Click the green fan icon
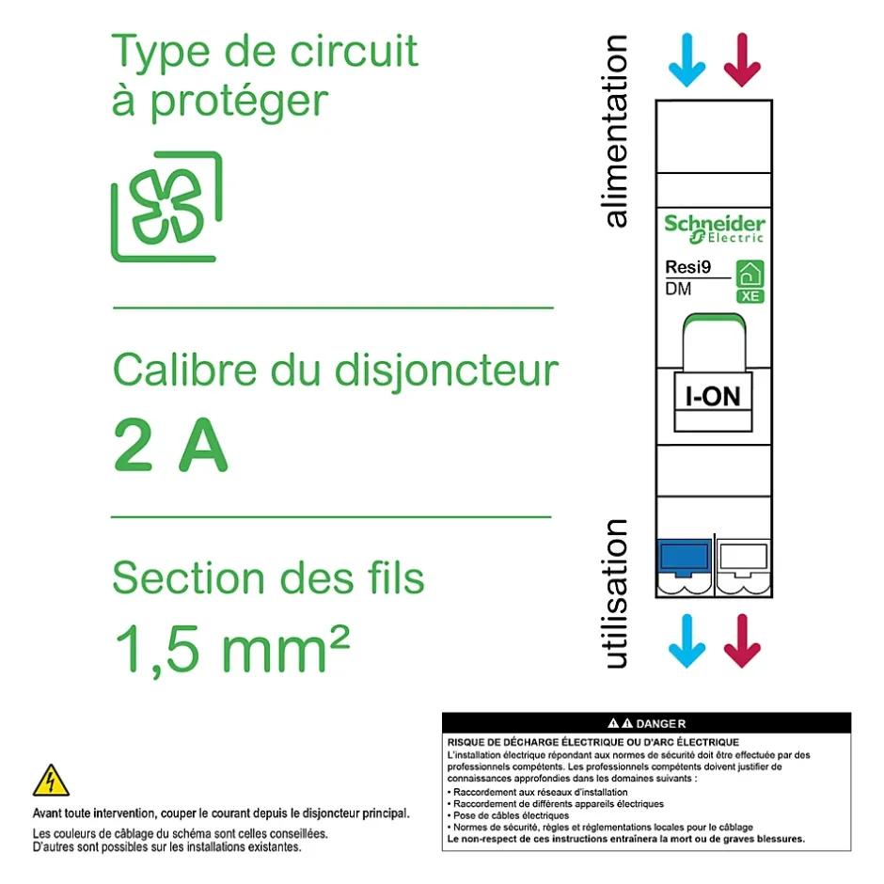167,206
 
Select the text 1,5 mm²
231,648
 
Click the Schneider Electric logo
714,229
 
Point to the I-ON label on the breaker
713,396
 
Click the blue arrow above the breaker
687,60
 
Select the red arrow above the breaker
742,60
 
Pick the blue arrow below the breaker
687,640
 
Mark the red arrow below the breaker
742,640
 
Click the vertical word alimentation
615,132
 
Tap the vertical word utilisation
615,593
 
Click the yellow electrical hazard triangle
51,781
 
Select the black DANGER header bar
646,723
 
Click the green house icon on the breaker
750,274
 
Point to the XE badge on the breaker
750,296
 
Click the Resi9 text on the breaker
687,268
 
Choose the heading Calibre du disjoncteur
335,371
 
